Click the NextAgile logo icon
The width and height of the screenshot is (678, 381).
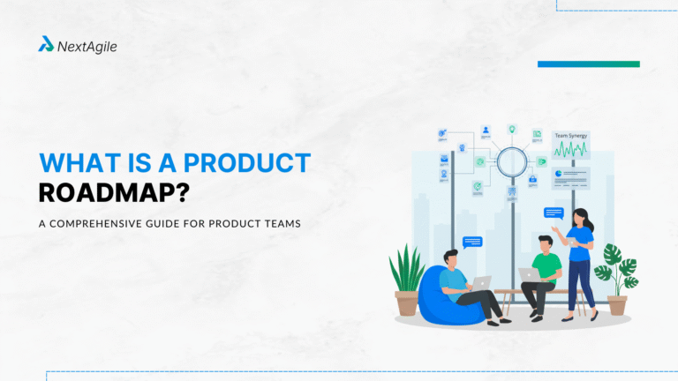(46, 44)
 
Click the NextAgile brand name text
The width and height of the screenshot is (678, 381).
(87, 45)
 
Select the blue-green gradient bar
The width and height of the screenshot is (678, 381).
(588, 63)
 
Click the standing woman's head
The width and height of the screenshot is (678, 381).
(579, 216)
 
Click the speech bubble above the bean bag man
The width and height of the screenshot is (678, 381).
(472, 242)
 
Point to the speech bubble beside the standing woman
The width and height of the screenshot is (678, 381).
(554, 213)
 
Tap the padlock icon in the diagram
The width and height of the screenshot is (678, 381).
(532, 180)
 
